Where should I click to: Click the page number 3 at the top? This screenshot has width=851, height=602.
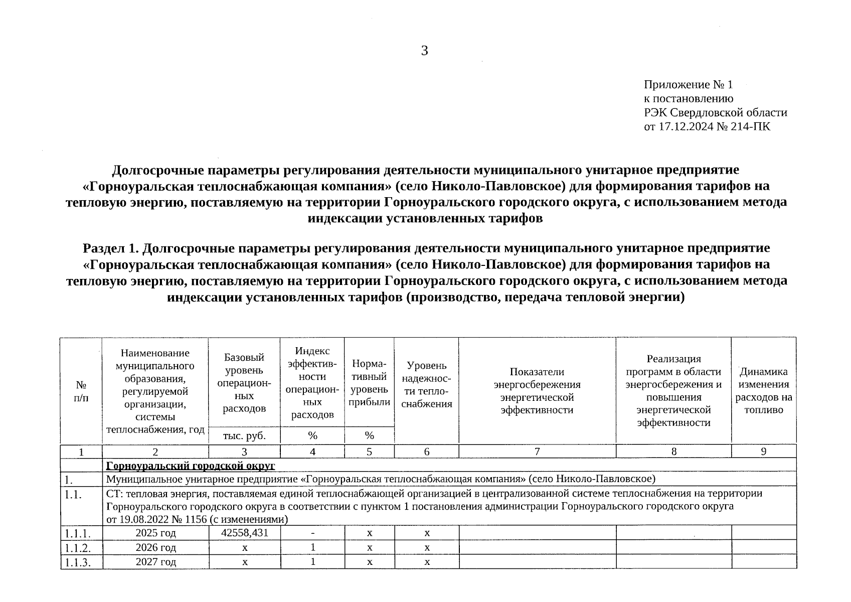(424, 51)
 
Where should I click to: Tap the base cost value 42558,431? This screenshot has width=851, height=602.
(245, 532)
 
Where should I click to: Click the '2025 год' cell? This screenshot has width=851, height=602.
(156, 533)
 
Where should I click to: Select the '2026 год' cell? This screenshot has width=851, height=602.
(156, 547)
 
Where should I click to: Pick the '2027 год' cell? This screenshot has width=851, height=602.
(156, 562)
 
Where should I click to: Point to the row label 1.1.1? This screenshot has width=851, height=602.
(77, 533)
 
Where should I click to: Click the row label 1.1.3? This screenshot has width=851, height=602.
(77, 562)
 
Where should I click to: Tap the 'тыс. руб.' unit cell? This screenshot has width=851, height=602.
(244, 435)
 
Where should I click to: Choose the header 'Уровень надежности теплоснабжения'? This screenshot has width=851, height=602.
(427, 384)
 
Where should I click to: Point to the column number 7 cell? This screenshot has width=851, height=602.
(537, 452)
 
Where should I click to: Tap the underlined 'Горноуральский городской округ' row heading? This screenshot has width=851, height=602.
(191, 466)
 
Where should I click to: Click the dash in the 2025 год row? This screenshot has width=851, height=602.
(312, 533)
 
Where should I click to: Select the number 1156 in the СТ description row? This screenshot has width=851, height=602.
(193, 519)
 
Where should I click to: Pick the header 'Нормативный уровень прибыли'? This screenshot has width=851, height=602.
(370, 382)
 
